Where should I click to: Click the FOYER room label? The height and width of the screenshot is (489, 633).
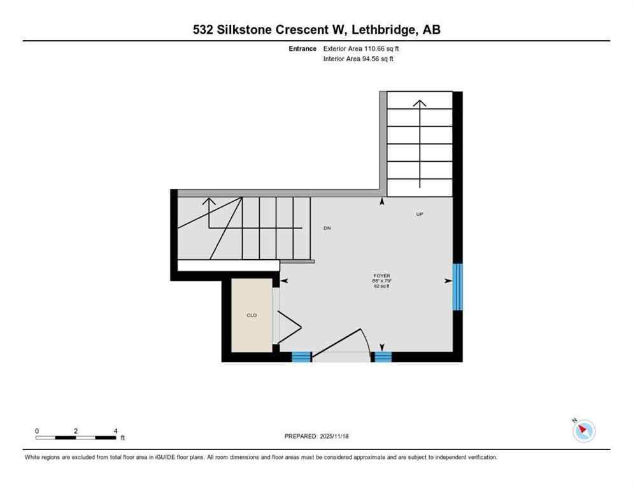[381, 276]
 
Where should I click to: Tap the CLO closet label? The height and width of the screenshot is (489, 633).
[252, 315]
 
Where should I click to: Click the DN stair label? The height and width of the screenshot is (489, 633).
[327, 228]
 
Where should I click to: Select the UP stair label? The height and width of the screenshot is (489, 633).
[419, 214]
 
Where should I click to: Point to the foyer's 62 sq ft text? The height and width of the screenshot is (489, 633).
[381, 287]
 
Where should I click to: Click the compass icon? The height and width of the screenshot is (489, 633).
[583, 431]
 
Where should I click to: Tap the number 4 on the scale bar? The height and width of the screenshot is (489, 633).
[115, 431]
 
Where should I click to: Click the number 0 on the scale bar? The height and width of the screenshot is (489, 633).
[37, 431]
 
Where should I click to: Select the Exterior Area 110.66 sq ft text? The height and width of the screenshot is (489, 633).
[362, 48]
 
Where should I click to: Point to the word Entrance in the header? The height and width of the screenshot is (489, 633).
[302, 48]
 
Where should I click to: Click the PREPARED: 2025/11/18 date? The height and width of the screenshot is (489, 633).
[317, 436]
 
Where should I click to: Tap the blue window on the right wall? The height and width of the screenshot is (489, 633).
[457, 287]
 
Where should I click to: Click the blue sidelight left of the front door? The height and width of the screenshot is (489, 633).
[301, 357]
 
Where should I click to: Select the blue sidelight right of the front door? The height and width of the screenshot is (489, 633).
[382, 357]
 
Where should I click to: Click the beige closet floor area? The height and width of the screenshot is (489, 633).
[252, 331]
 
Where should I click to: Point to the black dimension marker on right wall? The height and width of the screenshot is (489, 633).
[448, 280]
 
